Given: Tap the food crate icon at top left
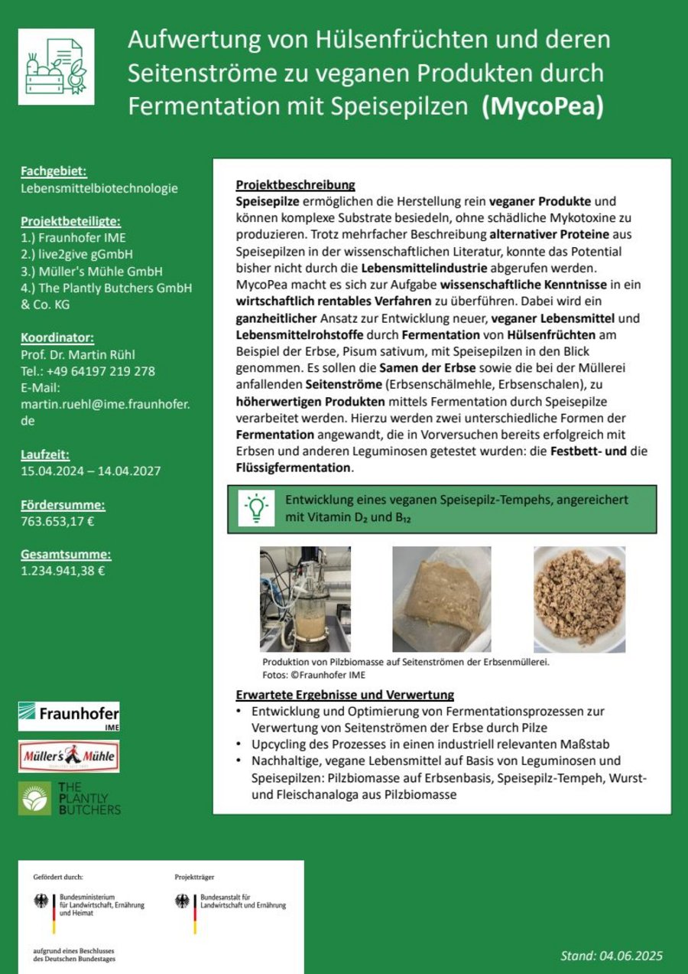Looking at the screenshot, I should [x=56, y=67].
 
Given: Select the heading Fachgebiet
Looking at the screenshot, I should [x=54, y=171].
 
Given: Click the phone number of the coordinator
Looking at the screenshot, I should [x=99, y=371].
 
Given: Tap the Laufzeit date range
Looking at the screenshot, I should [x=90, y=471].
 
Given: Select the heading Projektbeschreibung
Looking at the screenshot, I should [x=295, y=185].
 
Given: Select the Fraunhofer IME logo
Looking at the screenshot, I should [x=69, y=716].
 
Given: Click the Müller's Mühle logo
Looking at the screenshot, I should [x=69, y=757].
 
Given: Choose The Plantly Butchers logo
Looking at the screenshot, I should [x=70, y=798].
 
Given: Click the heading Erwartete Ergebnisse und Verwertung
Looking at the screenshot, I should [x=345, y=695].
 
